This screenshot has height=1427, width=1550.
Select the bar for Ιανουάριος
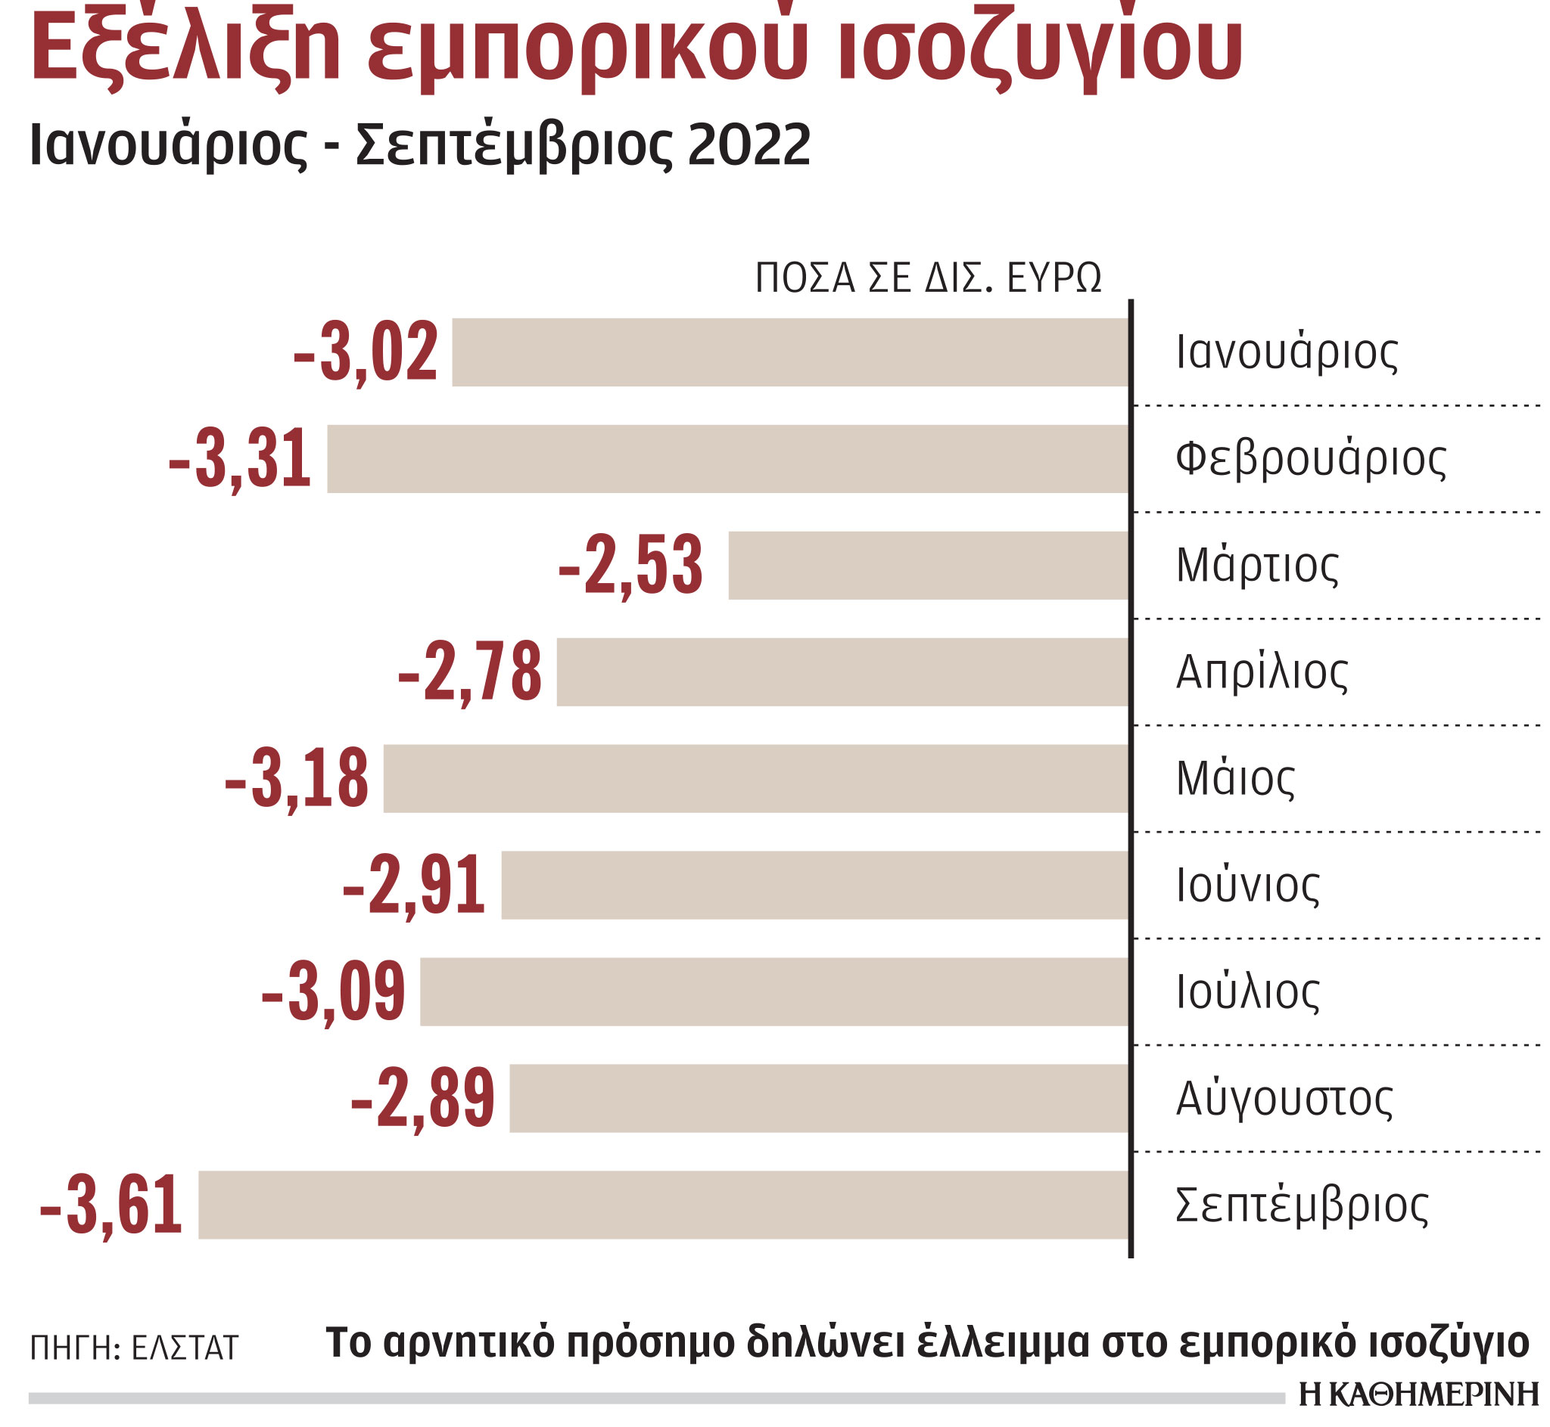point(789,352)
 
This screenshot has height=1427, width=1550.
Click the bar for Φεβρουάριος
point(727,459)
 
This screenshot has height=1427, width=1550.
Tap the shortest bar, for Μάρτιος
point(928,565)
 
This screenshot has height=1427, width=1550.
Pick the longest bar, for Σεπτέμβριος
point(663,1205)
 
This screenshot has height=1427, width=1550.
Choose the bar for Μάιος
point(755,778)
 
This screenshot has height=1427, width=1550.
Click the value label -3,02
point(366,353)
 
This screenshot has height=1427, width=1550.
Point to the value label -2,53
point(630,566)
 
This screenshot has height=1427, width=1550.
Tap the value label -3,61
point(111,1205)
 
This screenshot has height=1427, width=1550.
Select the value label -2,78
point(470,672)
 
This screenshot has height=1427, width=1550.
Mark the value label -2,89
point(422,1099)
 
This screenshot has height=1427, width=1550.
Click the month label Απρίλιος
point(1262,672)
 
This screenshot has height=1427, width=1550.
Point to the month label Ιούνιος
point(1247,886)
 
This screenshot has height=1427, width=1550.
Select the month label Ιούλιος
point(1247,992)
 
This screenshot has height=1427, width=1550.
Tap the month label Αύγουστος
point(1284,1099)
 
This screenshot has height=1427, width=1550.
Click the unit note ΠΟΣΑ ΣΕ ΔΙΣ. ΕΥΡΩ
point(928,278)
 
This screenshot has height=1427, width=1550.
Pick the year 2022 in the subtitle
point(749,145)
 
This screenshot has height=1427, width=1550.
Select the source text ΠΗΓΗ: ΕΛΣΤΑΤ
point(134,1348)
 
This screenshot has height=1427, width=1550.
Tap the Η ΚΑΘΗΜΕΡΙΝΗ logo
point(1418,1394)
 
